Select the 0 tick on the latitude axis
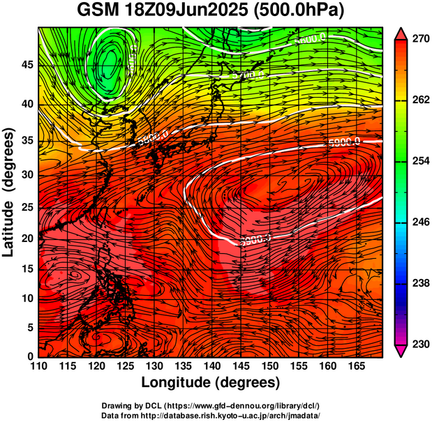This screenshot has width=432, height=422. (x=30, y=356)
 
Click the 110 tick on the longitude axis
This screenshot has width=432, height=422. (x=38, y=366)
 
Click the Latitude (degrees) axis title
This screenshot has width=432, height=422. (x=10, y=192)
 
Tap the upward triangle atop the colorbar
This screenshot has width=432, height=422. (x=401, y=33)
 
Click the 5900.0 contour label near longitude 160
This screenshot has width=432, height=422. (x=343, y=142)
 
